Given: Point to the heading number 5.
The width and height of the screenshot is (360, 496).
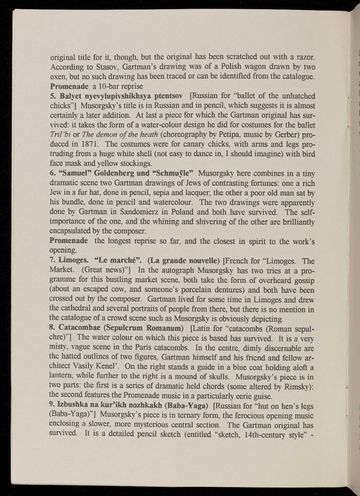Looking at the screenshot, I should (x=53, y=96).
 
